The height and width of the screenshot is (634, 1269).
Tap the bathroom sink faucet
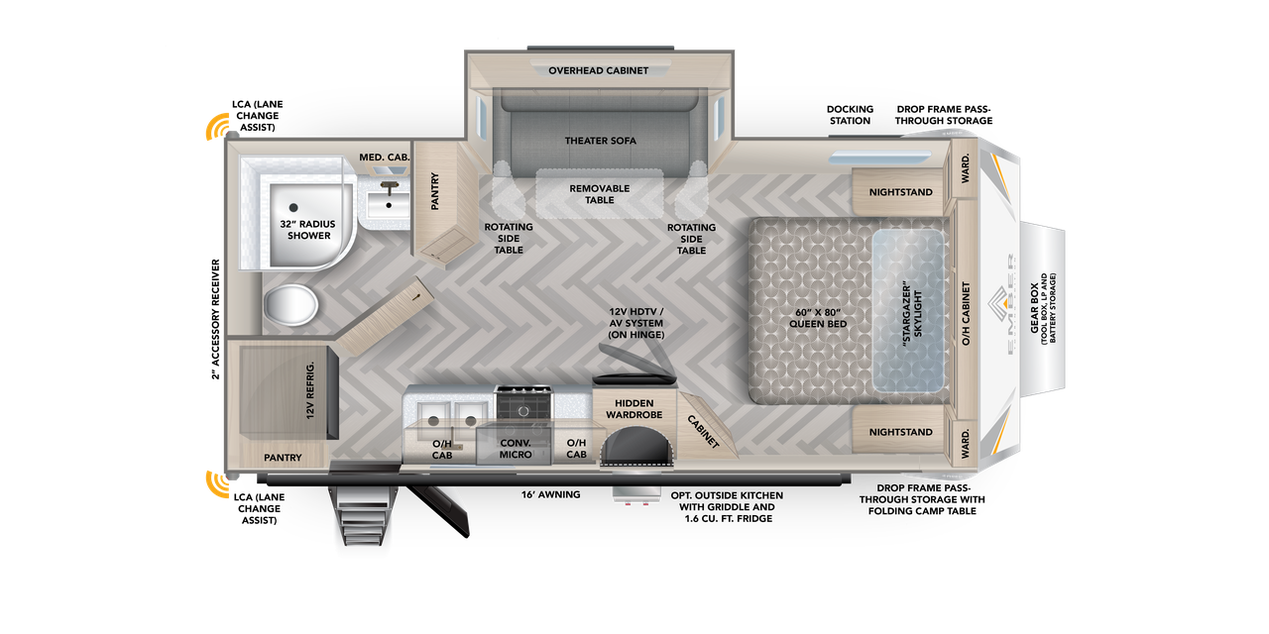[x=389, y=184]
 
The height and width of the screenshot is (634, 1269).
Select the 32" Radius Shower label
[x=309, y=230]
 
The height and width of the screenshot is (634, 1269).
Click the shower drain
[x=293, y=207]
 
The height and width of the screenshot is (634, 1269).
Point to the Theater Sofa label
[x=600, y=141]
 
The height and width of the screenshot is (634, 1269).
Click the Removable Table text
[x=599, y=194]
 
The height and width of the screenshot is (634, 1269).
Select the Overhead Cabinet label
[x=599, y=70]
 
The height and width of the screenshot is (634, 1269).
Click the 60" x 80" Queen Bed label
[x=818, y=318]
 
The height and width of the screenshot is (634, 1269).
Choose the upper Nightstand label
[x=900, y=192]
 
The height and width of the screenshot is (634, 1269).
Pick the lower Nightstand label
[x=900, y=432]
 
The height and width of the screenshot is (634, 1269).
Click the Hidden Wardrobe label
[x=634, y=409]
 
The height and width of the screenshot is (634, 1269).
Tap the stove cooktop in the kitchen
[x=524, y=403]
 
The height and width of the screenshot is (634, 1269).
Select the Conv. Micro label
[x=516, y=448]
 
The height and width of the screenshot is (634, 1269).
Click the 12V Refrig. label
[x=309, y=390]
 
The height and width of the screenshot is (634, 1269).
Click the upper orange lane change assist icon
[x=216, y=127]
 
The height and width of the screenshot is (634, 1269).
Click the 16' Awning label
[x=551, y=494]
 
